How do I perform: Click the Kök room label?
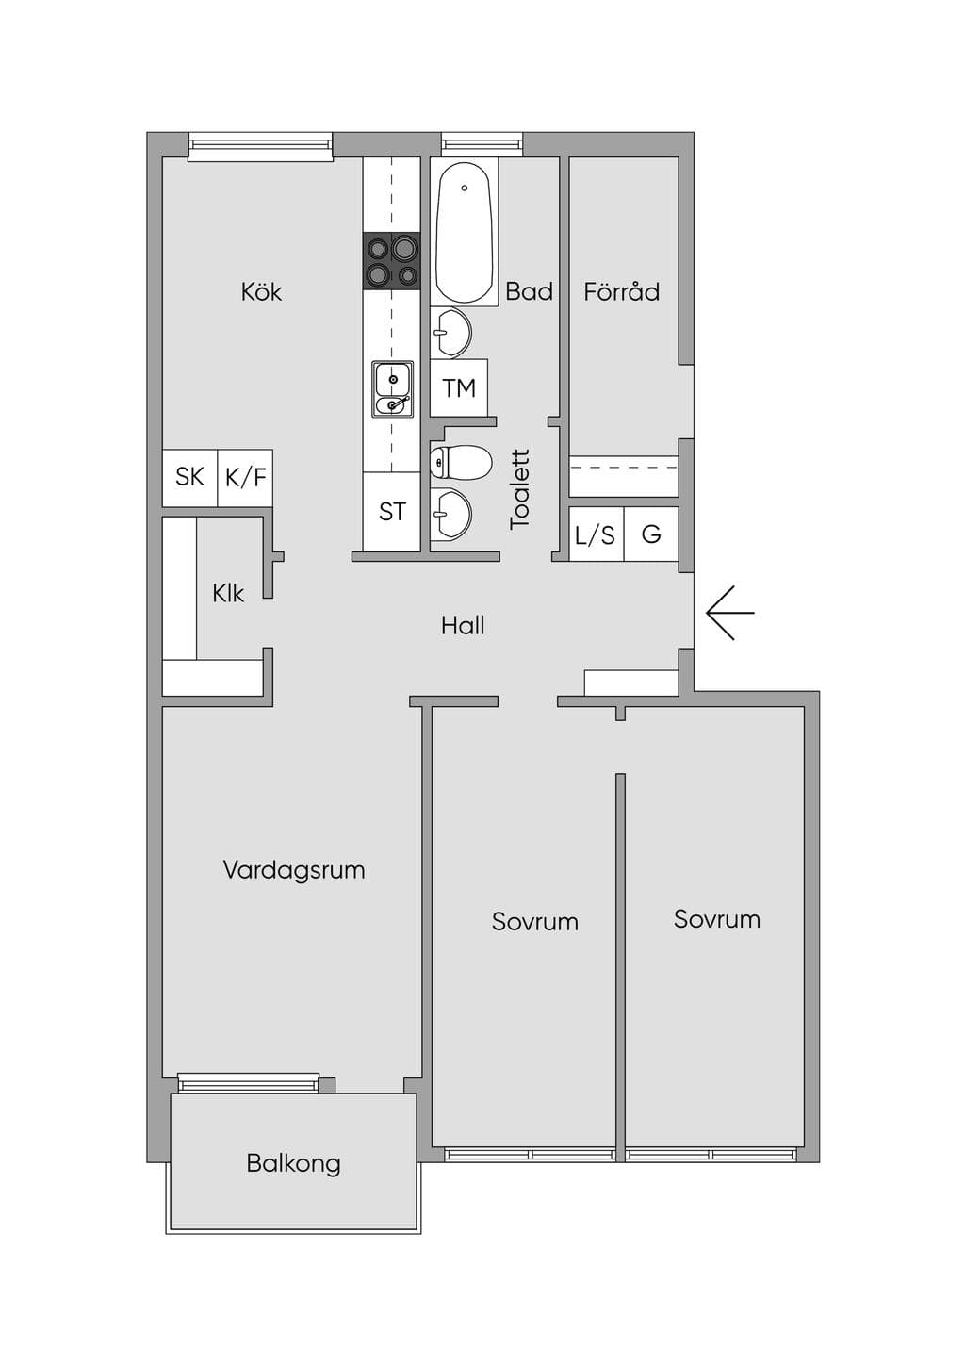261,292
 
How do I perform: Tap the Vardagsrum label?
294,869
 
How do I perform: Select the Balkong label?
294,1163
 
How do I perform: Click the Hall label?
463,625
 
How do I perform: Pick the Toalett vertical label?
519,489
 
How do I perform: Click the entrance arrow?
729,613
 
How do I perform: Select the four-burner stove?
392,260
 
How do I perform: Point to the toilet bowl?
461,463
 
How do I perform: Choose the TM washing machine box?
459,387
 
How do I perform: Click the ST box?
392,511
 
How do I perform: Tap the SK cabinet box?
190,477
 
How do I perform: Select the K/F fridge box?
245,477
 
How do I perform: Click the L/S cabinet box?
597,534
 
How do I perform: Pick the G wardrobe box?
651,534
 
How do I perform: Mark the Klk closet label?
228,593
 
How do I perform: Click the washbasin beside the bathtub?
450,332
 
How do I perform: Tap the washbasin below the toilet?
450,515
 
